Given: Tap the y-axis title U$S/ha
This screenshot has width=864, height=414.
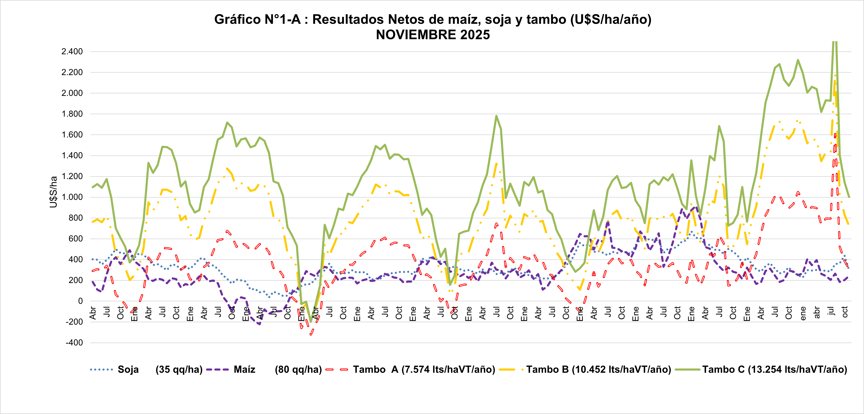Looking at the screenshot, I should coord(53,192).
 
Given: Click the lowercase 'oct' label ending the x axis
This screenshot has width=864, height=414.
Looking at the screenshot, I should coord(845,312).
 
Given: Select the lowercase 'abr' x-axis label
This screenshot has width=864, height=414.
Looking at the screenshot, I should coord(817,313).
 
